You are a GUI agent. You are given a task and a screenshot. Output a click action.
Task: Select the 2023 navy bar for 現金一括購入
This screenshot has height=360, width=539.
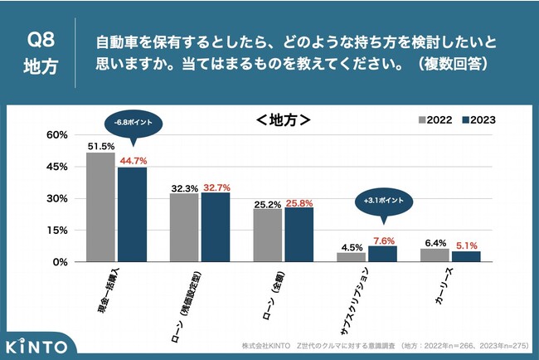coord(132,214)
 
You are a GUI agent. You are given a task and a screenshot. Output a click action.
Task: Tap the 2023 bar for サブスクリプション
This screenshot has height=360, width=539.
coord(382,254)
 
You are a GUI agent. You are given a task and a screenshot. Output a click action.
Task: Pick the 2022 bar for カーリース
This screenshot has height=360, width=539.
coord(435,255)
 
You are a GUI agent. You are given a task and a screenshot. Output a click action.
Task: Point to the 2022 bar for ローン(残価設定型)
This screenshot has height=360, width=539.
coord(184,227)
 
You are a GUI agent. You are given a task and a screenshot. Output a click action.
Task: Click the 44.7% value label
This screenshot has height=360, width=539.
coord(134,160)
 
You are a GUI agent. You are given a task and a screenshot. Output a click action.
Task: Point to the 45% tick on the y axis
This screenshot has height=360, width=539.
coord(56,167)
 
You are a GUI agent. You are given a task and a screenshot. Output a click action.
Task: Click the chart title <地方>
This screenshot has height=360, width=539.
coord(283,120)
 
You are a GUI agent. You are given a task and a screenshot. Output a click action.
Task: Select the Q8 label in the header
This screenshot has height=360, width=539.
coord(40,39)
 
